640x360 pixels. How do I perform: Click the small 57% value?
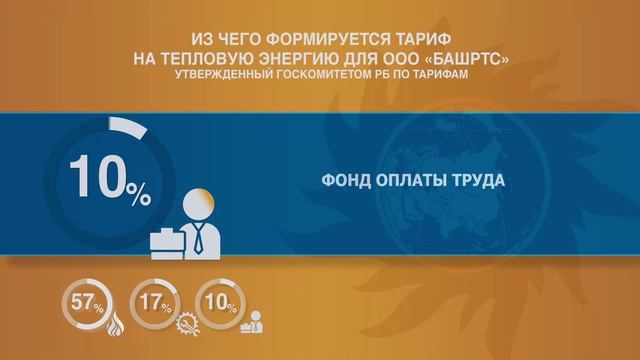(83, 304)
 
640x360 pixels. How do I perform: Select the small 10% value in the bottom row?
(217, 304)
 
